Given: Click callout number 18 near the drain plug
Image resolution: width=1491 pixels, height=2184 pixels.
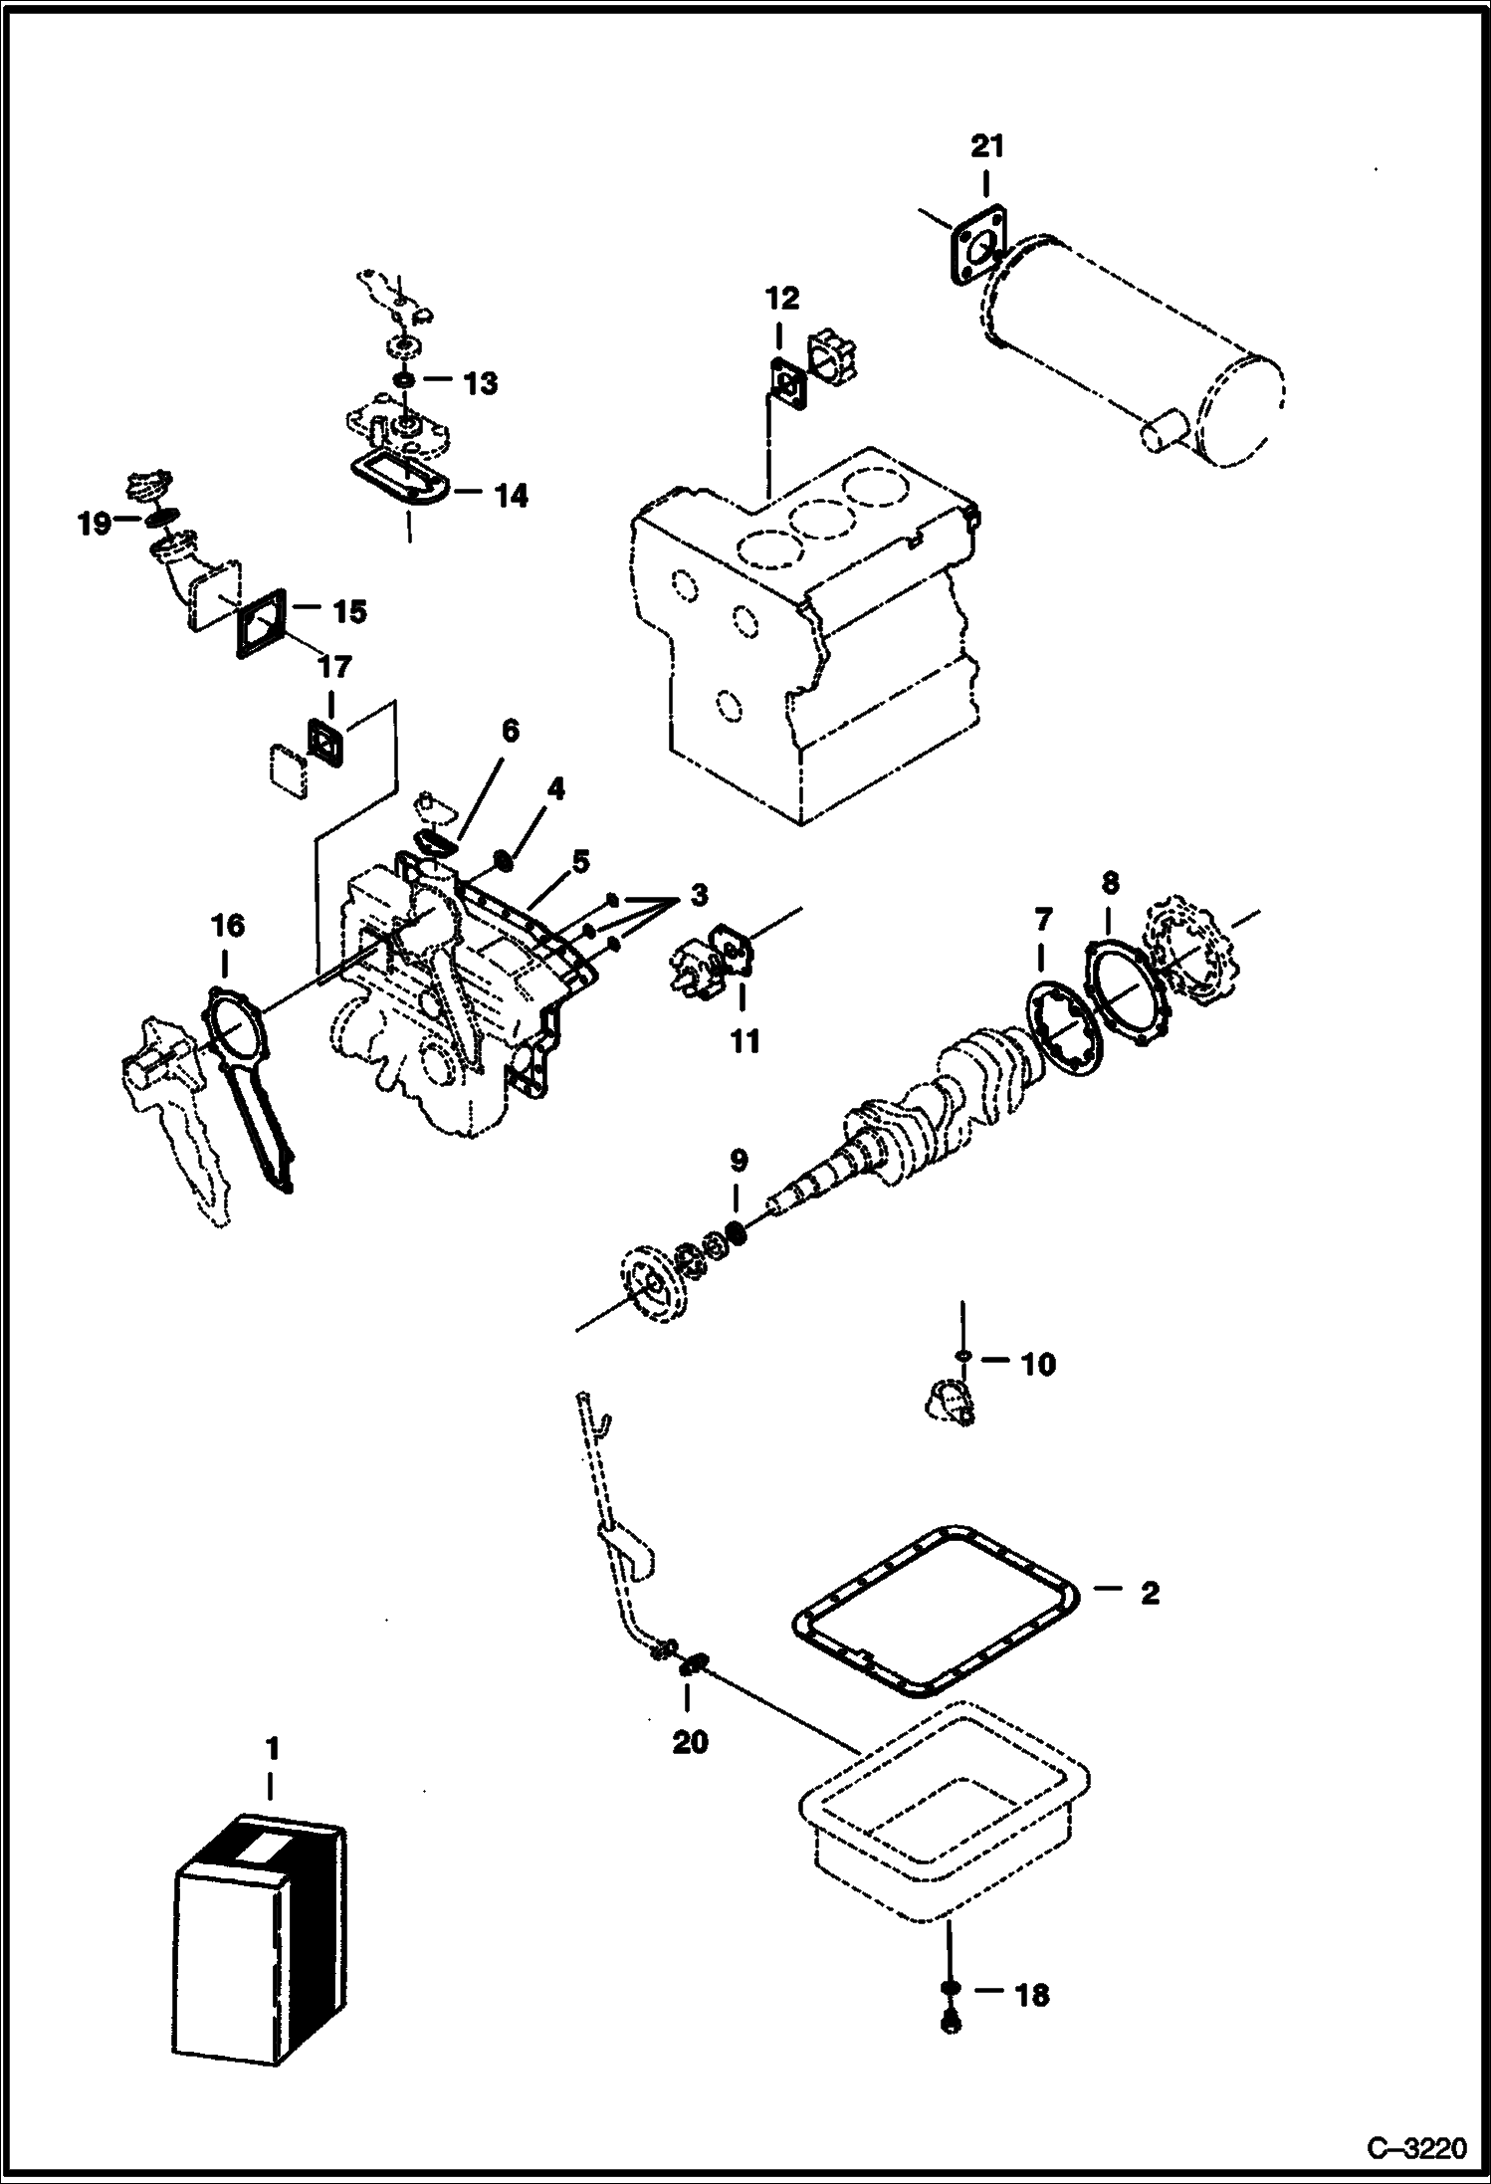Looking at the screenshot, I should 1031,1995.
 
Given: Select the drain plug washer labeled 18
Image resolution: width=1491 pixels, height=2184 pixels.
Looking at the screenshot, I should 950,1988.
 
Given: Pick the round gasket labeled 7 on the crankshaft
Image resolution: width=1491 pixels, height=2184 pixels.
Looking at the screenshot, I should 1064,1029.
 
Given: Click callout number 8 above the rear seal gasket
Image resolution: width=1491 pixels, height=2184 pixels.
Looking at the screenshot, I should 1110,883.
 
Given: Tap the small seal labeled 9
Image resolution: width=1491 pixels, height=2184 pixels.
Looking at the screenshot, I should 738,1232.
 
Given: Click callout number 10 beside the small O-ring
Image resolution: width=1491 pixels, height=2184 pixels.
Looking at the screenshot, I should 1037,1364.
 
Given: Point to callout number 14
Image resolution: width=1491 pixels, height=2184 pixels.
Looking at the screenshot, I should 512,495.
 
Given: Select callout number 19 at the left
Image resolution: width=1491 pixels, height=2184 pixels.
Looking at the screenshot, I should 95,524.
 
